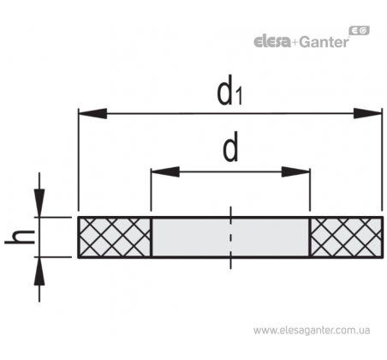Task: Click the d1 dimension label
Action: coord(229,91)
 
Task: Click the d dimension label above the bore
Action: coord(230,147)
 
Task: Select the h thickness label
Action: coord(20,237)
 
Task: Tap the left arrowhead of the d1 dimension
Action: coord(92,113)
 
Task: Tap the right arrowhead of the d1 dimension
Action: coord(367,113)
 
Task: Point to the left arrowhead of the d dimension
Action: coord(165,171)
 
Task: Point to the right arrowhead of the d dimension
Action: coord(295,171)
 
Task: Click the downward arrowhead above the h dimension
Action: coord(39,203)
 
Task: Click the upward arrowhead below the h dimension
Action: coord(39,271)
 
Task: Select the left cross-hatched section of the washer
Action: coord(115,237)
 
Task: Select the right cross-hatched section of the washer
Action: coord(347,237)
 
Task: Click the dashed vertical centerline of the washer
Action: coord(230,237)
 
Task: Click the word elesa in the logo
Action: coord(272,42)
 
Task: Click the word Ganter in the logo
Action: coord(324,42)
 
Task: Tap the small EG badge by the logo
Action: coord(360,30)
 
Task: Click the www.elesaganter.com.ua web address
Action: coord(312,331)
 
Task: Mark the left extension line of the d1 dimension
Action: coord(78,159)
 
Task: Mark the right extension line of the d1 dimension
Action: coord(382,159)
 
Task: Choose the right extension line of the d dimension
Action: coord(310,189)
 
